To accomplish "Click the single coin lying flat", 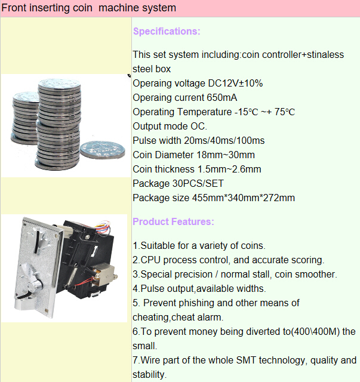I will [x=99, y=150].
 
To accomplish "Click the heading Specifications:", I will [x=167, y=31].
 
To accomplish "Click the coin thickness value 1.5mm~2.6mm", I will [x=229, y=169].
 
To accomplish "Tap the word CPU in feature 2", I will [x=151, y=260].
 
